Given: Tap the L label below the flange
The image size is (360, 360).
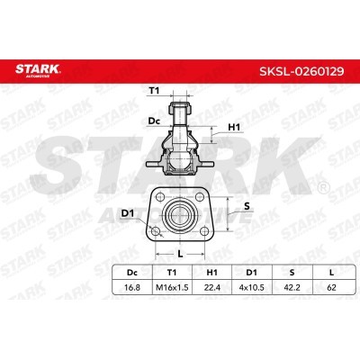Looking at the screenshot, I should pos(181,255).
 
